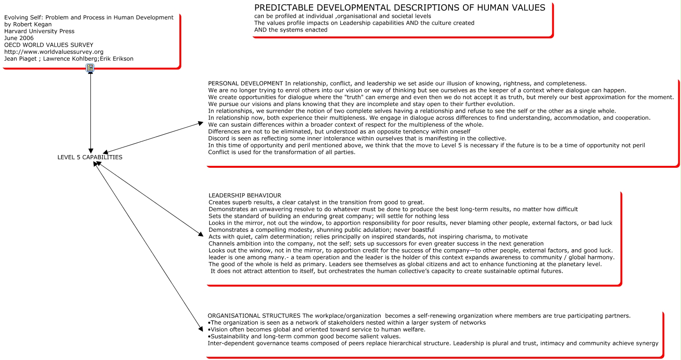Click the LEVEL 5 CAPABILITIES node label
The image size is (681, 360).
pos(89,157)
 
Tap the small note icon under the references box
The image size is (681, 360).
pos(90,69)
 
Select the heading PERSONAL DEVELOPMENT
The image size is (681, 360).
pos(245,83)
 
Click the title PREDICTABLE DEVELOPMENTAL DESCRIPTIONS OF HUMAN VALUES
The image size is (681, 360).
pos(399,8)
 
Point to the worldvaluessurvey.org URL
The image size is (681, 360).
pos(54,52)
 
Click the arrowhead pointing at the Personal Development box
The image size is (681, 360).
pos(200,123)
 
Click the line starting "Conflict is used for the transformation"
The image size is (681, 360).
pos(281,152)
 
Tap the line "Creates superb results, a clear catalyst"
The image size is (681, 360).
pos(316,202)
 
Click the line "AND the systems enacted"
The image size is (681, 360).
pos(291,30)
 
